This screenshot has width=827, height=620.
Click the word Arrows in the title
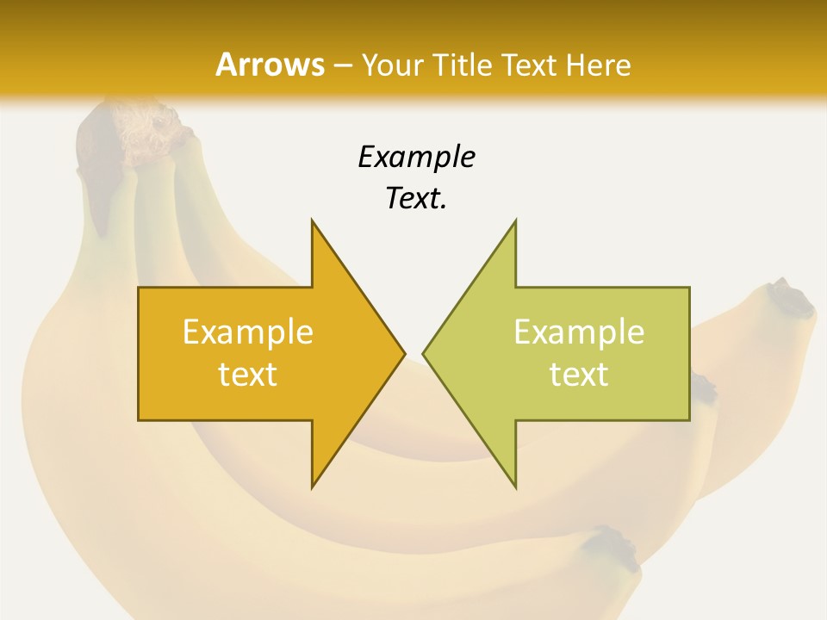(x=270, y=65)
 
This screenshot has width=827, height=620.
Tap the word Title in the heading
(x=464, y=65)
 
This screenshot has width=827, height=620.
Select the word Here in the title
(x=600, y=65)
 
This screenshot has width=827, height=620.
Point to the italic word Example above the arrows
(x=416, y=157)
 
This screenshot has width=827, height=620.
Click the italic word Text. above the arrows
(x=416, y=199)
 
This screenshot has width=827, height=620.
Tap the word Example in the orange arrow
(x=248, y=332)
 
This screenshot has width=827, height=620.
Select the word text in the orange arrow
(x=248, y=375)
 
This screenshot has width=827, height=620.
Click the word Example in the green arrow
(x=579, y=332)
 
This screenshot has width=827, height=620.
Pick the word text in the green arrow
(x=579, y=375)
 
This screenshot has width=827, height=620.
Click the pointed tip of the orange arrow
(x=402, y=353)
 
